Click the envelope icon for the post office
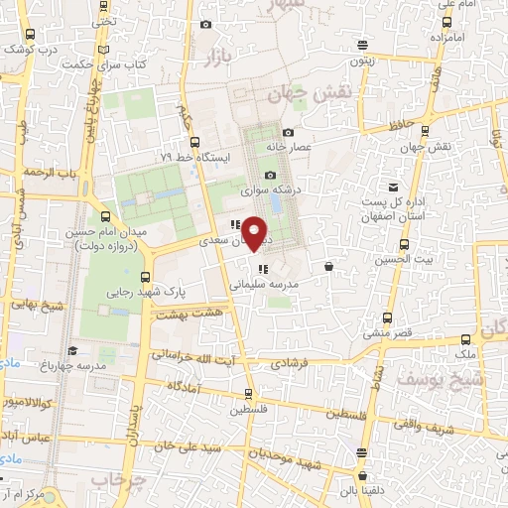(394, 188)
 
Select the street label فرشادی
(316, 365)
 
